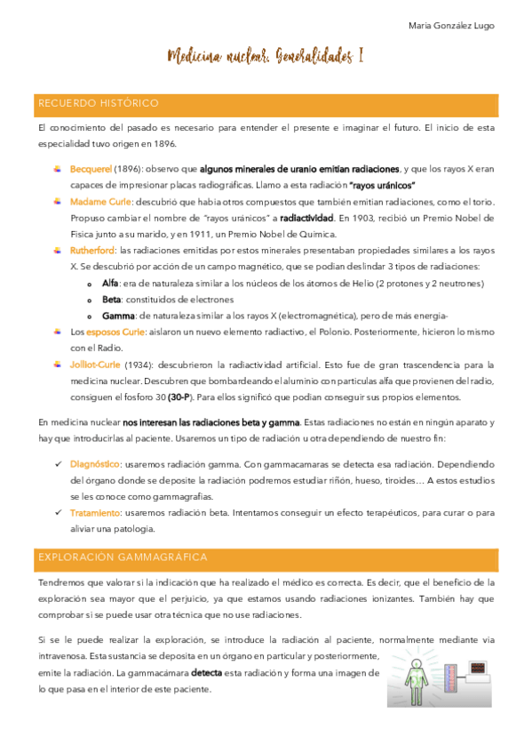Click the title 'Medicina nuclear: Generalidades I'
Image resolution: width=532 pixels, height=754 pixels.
pos(266,57)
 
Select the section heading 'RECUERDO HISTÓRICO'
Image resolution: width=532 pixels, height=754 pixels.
pos(98,104)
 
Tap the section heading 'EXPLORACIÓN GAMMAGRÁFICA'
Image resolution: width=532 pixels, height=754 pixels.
pos(123,557)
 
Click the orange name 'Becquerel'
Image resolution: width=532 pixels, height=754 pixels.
pos(91,169)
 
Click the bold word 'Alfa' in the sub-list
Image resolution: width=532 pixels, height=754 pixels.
pos(110,283)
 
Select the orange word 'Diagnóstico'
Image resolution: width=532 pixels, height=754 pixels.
pos(95,463)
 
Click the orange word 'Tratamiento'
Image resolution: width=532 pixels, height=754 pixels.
pos(96,512)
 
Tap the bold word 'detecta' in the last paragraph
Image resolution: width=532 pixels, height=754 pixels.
pos(206,672)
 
